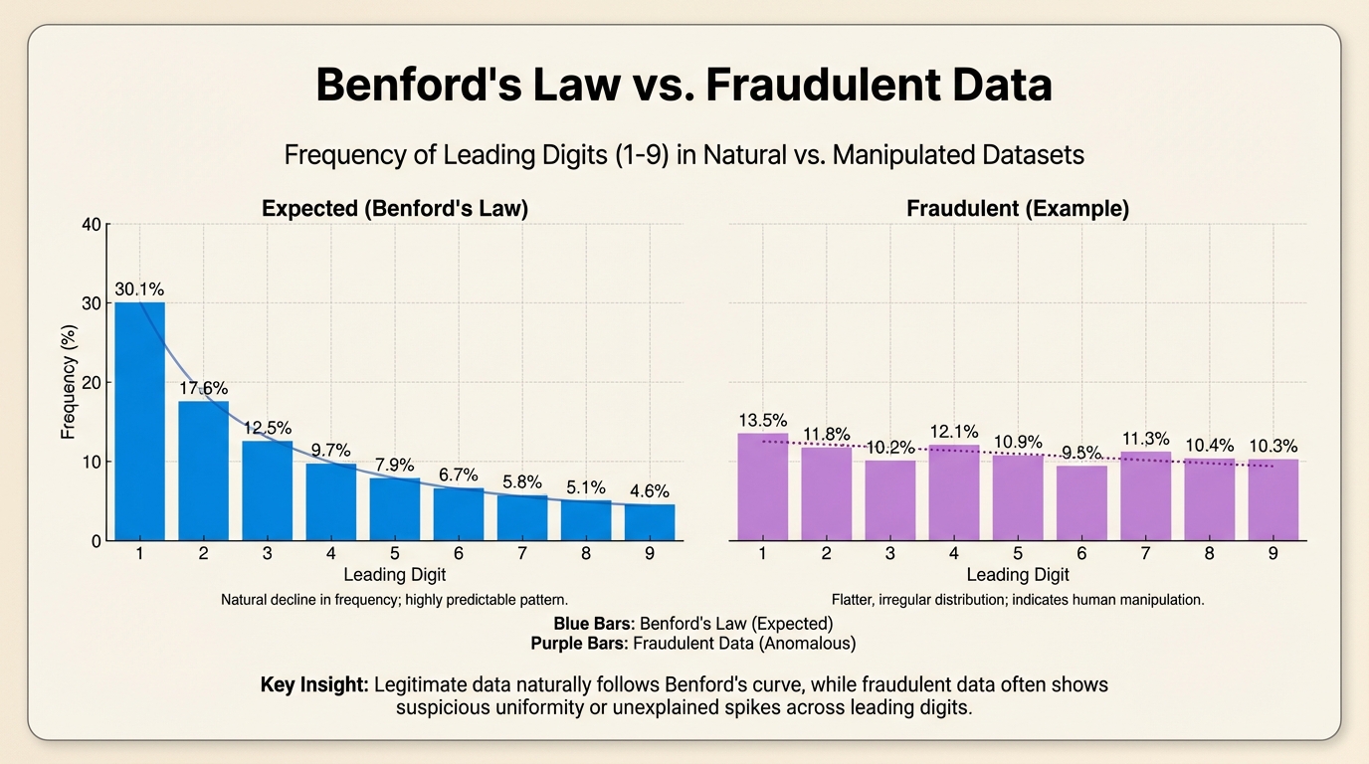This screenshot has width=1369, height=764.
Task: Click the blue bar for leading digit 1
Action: (139, 423)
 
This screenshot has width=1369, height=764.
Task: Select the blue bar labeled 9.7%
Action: (331, 502)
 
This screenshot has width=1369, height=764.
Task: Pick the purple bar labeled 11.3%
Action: (1145, 496)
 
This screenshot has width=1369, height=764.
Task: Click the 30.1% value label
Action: (139, 289)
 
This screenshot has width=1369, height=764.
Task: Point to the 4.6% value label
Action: (649, 491)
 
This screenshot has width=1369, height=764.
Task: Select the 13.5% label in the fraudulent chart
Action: (762, 420)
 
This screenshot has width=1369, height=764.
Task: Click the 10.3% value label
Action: (1272, 446)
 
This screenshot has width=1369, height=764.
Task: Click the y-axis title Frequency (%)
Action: (69, 382)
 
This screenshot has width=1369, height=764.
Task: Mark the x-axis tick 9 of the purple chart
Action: (1272, 554)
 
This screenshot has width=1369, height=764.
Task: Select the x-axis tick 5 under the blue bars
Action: (394, 554)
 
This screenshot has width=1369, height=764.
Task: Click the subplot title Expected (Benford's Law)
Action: (394, 209)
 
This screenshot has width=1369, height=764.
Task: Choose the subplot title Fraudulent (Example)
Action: (1018, 209)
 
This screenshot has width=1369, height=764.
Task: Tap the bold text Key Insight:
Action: (314, 685)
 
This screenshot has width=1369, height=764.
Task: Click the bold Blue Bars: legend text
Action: (594, 624)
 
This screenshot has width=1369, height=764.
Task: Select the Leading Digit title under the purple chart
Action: (1018, 574)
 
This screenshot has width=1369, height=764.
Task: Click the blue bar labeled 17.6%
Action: (203, 472)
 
